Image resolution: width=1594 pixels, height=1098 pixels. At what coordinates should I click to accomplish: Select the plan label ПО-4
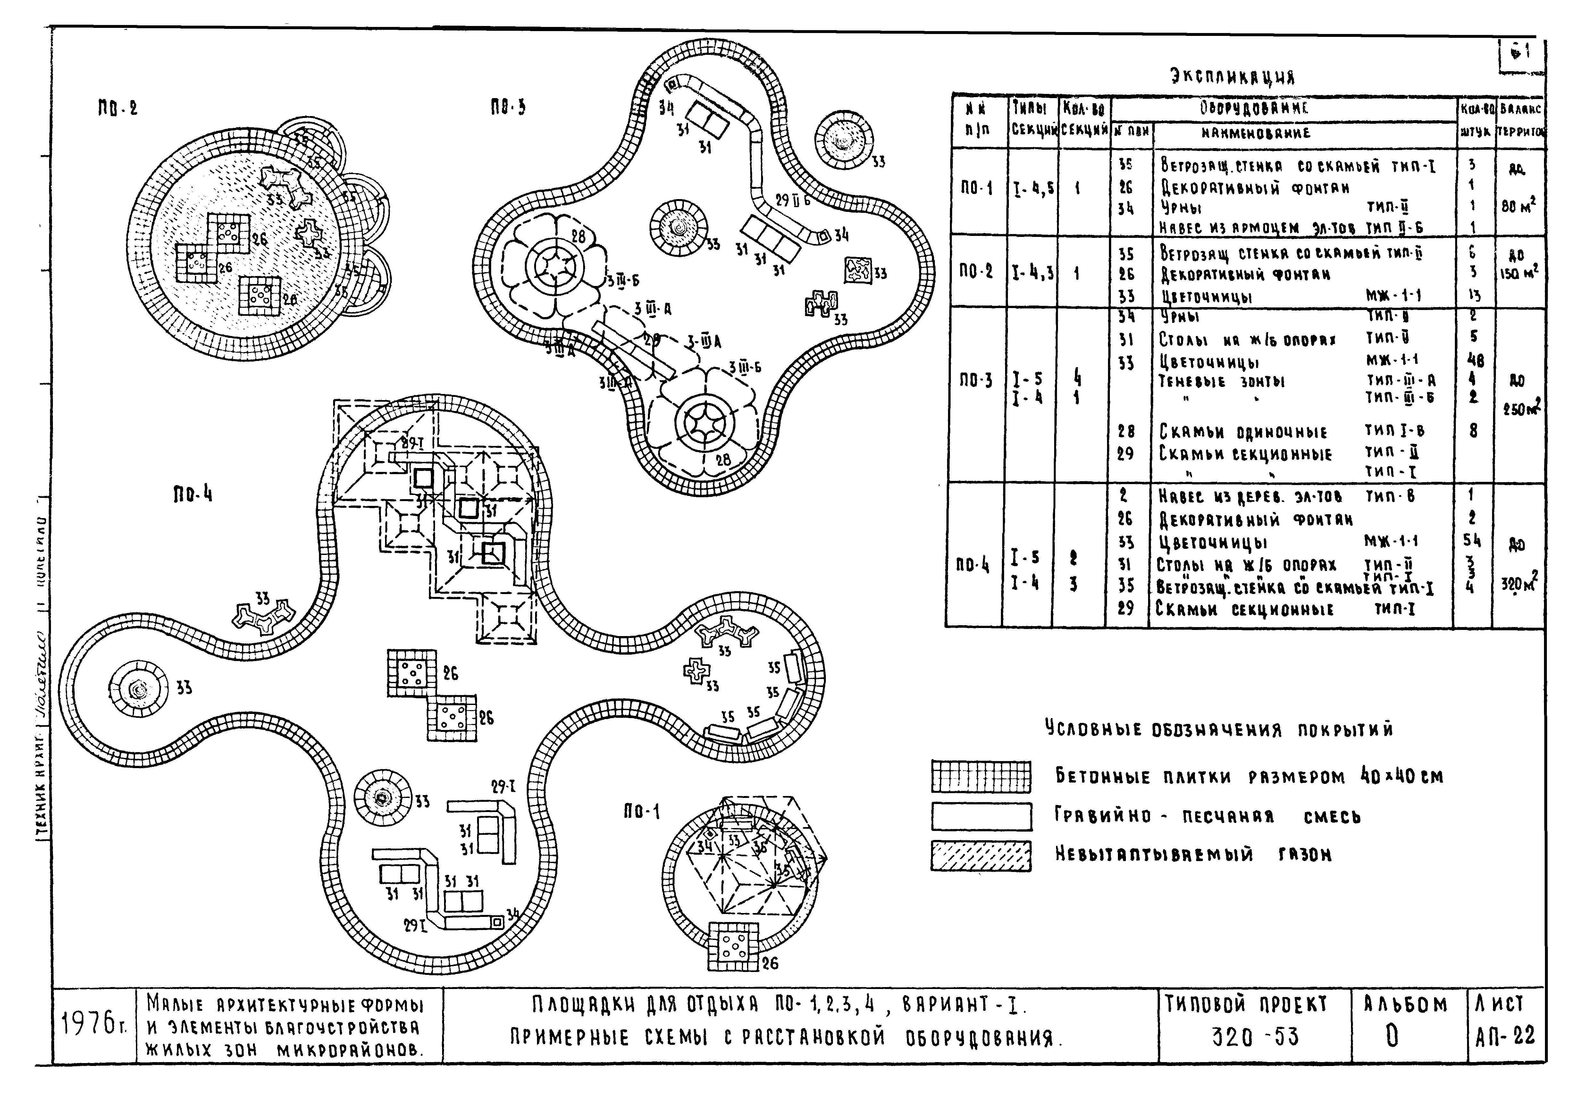coord(193,494)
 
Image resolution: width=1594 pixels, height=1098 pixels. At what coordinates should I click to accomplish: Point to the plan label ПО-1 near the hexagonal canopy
coord(641,812)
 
